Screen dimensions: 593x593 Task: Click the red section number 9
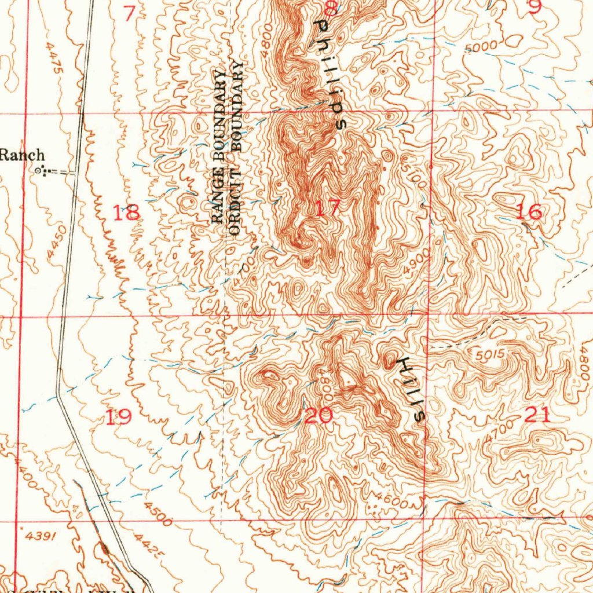pyautogui.click(x=535, y=7)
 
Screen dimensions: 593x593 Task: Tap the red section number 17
pyautogui.click(x=328, y=208)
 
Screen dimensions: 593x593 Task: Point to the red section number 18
pyautogui.click(x=126, y=213)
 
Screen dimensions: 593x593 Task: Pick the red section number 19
pyautogui.click(x=118, y=416)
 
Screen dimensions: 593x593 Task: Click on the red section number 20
pyautogui.click(x=318, y=415)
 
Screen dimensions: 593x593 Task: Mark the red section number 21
pyautogui.click(x=537, y=414)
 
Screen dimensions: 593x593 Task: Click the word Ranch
pyautogui.click(x=21, y=155)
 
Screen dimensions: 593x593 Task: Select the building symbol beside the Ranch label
pyautogui.click(x=40, y=170)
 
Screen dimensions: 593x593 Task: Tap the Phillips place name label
pyautogui.click(x=329, y=74)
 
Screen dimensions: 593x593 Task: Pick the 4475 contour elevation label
pyautogui.click(x=56, y=57)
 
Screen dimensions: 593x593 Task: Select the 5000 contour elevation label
pyautogui.click(x=481, y=46)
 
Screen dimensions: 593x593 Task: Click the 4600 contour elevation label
pyautogui.click(x=391, y=500)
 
